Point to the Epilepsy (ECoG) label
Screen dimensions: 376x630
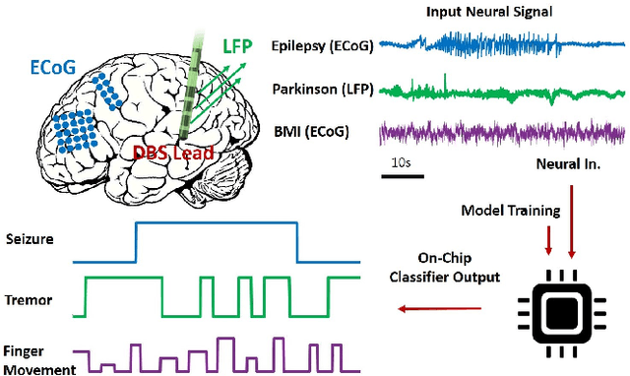point(326,45)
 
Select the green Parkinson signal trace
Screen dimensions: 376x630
point(502,90)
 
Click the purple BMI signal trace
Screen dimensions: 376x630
point(502,132)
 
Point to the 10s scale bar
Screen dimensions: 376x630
point(402,175)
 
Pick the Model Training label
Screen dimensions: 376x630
point(511,210)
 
